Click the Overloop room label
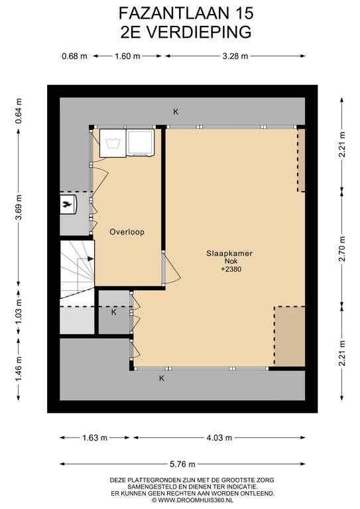point(127,232)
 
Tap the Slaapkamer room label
point(229,254)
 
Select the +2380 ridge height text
point(231,269)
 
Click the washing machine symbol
point(113,143)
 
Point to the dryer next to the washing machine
point(141,142)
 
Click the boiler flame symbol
point(68,205)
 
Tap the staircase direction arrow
point(86,258)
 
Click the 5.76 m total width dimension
point(182,464)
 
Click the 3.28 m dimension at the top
point(235,56)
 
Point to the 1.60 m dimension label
point(127,56)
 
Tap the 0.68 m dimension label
point(74,56)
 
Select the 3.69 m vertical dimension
point(19,207)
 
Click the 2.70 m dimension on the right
point(342,249)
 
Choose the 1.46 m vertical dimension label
point(19,369)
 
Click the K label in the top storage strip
point(176,112)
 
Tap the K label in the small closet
point(113,312)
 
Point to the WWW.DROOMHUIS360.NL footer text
point(195,500)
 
